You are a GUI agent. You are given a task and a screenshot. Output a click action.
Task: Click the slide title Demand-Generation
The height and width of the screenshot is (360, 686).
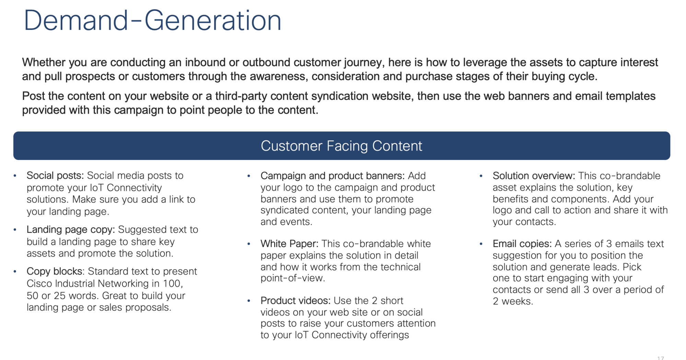click(x=153, y=21)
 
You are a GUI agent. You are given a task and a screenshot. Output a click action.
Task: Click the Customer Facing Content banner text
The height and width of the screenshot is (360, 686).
click(x=341, y=146)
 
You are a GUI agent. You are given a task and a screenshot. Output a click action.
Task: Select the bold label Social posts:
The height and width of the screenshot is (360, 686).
click(x=55, y=175)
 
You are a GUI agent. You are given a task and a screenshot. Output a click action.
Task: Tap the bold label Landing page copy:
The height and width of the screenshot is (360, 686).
click(x=71, y=229)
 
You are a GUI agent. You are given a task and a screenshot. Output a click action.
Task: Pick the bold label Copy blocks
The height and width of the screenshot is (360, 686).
click(x=55, y=271)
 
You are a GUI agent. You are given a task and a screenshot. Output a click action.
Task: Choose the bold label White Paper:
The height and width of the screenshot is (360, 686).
click(x=289, y=244)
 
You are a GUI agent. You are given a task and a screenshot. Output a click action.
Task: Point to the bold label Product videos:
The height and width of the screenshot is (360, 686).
click(x=295, y=300)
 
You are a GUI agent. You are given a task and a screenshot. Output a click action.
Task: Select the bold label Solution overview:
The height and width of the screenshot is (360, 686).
click(x=534, y=176)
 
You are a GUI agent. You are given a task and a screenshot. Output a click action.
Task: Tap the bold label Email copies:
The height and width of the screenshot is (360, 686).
click(x=522, y=244)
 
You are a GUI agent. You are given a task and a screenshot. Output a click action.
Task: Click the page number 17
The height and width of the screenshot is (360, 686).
click(x=661, y=358)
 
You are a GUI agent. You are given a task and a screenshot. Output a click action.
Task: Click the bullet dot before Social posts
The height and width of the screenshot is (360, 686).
click(x=15, y=176)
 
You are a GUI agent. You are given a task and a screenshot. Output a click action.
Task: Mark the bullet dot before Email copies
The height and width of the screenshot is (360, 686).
click(x=481, y=244)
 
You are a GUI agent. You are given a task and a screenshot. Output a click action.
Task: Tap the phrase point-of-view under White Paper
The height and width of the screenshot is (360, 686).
click(x=292, y=278)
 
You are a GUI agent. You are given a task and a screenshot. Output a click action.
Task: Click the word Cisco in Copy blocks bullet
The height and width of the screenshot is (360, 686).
click(x=39, y=283)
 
